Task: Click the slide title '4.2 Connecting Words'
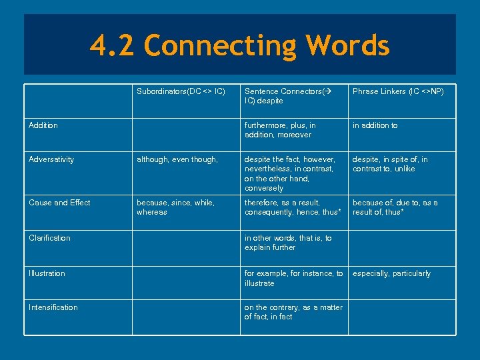click(239, 46)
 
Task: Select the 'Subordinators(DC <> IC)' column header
click(181, 91)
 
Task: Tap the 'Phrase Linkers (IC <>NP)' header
click(398, 91)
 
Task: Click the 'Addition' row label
click(43, 125)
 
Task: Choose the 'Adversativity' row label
click(51, 159)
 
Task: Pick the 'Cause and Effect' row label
click(59, 203)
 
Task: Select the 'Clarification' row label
click(49, 238)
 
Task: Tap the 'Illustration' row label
click(47, 273)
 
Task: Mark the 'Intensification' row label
click(53, 307)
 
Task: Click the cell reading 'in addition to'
click(375, 125)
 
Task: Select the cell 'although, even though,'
click(177, 159)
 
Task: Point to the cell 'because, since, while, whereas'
click(175, 207)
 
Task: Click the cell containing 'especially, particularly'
click(391, 273)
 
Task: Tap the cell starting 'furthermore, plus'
click(280, 130)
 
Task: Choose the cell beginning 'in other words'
click(287, 243)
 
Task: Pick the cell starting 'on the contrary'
click(293, 312)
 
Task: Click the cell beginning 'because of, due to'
click(395, 207)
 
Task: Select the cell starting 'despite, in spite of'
click(390, 164)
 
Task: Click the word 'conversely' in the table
click(264, 189)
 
